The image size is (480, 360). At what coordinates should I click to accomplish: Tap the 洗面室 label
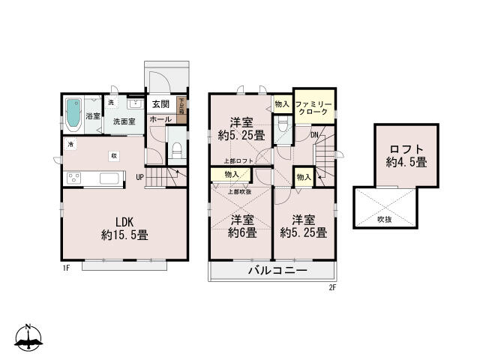click(123, 120)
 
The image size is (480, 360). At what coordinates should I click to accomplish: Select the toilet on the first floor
click(175, 150)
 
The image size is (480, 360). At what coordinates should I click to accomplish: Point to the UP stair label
click(139, 177)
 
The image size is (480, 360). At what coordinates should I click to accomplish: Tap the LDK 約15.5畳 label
click(124, 227)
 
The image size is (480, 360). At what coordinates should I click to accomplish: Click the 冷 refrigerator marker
click(70, 144)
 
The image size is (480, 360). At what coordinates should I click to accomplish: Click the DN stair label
click(314, 135)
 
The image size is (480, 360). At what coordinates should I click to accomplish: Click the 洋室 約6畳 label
click(242, 226)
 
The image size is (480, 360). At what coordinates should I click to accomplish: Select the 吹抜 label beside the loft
click(385, 219)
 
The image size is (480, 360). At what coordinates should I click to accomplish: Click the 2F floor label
click(332, 286)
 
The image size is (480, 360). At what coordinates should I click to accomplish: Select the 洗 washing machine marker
click(110, 102)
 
